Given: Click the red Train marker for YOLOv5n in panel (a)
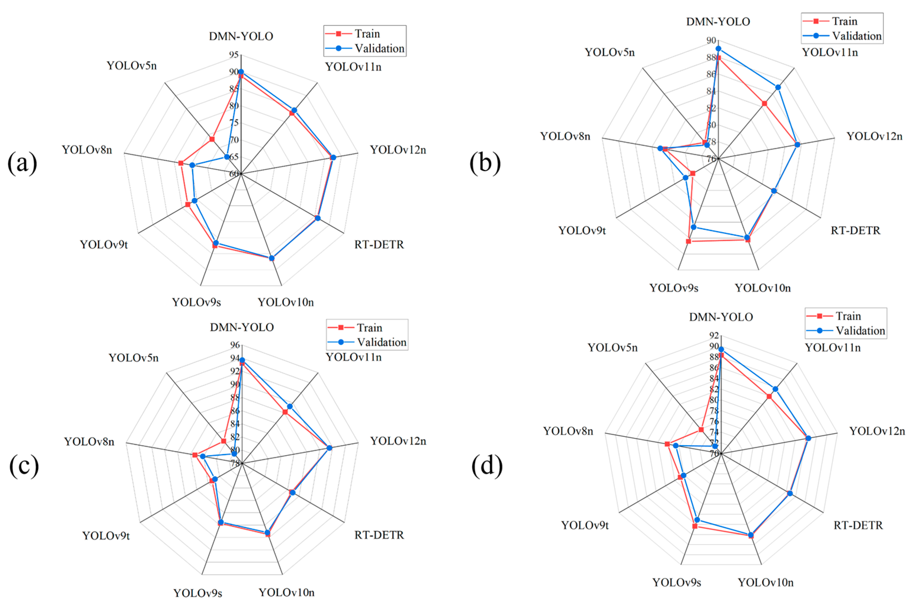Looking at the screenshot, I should tap(212, 139).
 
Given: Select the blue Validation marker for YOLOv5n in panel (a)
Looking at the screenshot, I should tap(227, 157).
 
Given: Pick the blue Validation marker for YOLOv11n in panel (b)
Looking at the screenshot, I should tap(778, 87).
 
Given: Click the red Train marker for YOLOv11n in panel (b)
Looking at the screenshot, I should tap(764, 103).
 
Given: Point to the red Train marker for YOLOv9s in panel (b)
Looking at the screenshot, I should tap(688, 241).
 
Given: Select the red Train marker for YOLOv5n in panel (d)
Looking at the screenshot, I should tap(701, 429).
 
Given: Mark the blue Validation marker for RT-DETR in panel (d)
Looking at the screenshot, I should tap(790, 493).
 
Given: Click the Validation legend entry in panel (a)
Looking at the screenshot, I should tap(379, 49).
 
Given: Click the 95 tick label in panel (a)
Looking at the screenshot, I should tap(234, 55).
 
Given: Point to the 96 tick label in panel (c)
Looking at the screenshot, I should tap(235, 345).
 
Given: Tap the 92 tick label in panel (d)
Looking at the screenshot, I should tap(714, 335).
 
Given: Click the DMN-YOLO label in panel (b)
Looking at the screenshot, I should tap(718, 22).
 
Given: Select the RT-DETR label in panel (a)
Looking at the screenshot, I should tap(379, 245).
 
